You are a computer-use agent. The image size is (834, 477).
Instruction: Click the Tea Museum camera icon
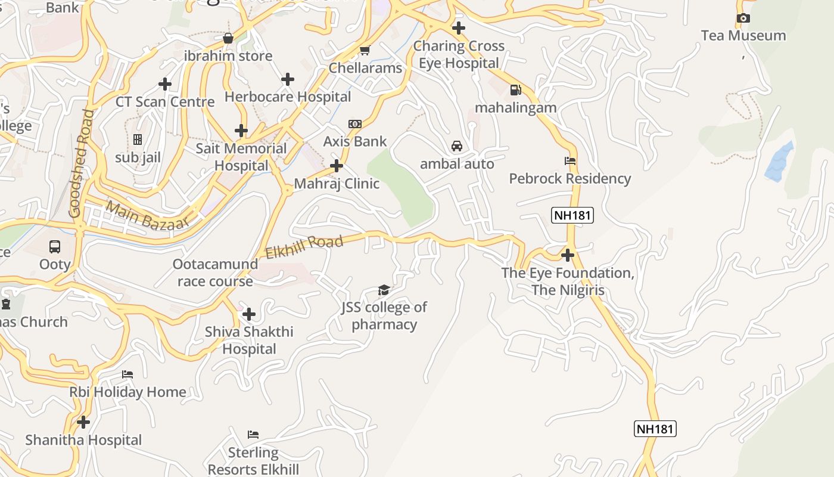743,18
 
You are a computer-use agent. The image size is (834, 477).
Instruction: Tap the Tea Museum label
743,36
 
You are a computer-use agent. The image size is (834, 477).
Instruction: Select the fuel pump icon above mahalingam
516,90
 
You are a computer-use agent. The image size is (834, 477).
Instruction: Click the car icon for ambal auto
457,146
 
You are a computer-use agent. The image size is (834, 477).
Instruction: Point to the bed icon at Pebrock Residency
570,160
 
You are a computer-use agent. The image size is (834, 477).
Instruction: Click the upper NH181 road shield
572,215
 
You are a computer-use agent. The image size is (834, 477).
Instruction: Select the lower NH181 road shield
655,429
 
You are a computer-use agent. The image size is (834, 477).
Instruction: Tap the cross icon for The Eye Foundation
568,255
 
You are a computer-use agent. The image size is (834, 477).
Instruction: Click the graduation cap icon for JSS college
384,290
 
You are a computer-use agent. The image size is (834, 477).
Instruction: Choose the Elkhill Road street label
304,247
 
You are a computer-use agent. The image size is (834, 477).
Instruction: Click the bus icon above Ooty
55,246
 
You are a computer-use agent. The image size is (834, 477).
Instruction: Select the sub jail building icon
138,140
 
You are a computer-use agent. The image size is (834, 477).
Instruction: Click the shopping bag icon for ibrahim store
228,39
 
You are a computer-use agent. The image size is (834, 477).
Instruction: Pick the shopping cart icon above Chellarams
365,51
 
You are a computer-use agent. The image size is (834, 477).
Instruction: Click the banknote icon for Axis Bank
355,124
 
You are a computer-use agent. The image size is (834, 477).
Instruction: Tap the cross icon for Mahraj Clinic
337,166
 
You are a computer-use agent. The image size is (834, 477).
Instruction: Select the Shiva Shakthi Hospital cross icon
249,314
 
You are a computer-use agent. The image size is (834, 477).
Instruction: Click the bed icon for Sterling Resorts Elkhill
253,435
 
